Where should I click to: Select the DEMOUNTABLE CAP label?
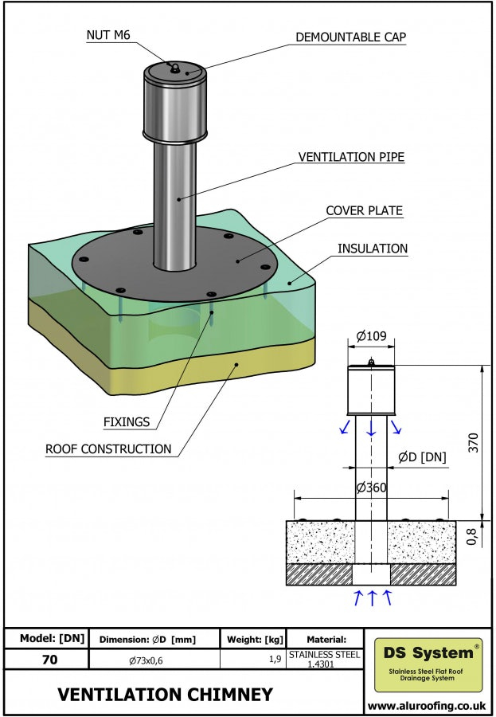tap(351, 37)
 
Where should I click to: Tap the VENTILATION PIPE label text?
tap(351, 157)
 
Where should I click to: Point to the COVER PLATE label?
tap(364, 211)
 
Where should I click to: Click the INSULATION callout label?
tap(373, 249)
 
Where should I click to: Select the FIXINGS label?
tap(127, 421)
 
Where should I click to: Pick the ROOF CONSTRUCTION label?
tap(108, 449)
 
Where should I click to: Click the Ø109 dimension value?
tap(372, 336)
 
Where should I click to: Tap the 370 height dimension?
tap(475, 443)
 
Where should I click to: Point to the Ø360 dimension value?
tap(372, 487)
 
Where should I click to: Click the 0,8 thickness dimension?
tap(472, 538)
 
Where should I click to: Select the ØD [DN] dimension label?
tap(422, 456)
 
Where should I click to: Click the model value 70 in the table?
tap(49, 659)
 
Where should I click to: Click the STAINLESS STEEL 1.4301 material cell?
tap(324, 659)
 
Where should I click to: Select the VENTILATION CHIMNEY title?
tap(166, 694)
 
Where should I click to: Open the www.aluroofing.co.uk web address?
tap(427, 705)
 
